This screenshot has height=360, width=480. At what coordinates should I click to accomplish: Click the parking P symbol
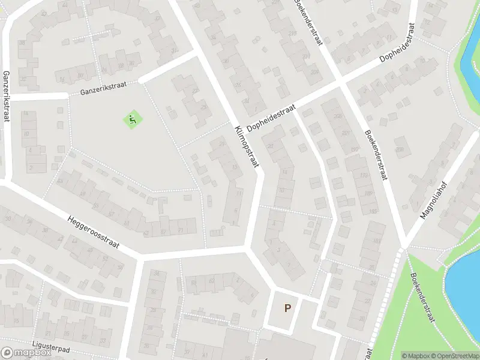point(287,308)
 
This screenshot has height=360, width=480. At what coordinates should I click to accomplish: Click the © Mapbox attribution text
point(415,355)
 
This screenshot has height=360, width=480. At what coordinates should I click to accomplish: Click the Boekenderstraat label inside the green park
point(422,298)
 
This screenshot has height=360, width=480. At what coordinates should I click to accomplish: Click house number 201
point(345,133)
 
